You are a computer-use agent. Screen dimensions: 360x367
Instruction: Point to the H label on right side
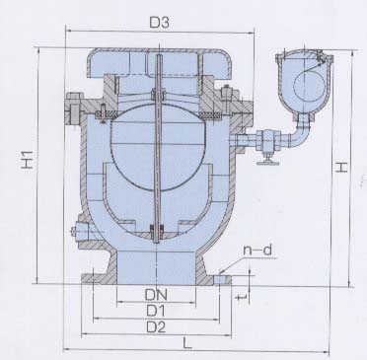pos(338,169)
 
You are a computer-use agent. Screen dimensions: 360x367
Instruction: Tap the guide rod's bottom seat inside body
pos(155,233)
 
